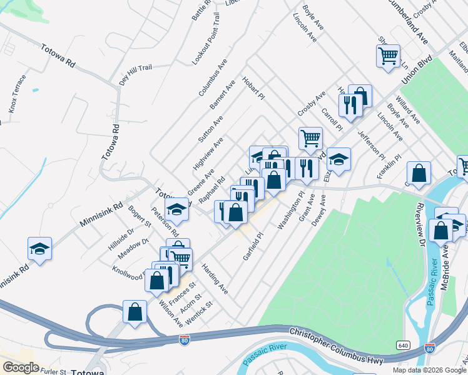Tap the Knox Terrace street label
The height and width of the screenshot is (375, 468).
(x=18, y=94)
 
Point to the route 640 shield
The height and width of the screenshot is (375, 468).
(x=404, y=345)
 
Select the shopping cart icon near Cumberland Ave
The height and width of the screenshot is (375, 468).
(x=388, y=56)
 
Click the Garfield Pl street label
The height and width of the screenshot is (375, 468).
(x=254, y=247)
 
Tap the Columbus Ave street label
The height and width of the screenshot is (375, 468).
(x=213, y=78)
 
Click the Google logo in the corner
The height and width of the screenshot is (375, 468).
(x=21, y=367)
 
